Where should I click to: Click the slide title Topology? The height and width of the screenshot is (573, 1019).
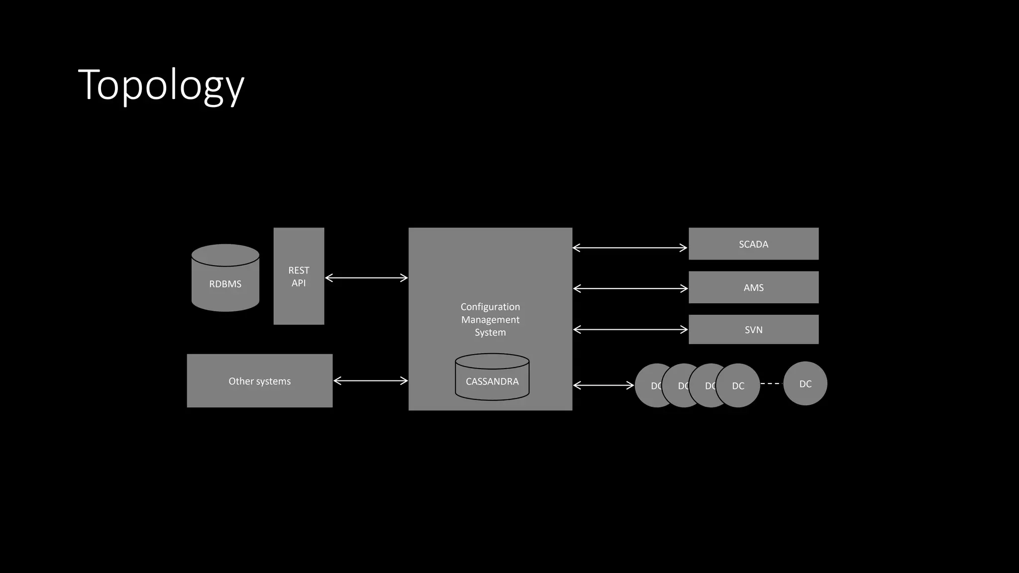point(161,86)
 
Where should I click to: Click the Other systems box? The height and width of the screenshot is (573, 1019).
point(259,381)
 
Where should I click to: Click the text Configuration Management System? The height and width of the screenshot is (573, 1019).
point(490,319)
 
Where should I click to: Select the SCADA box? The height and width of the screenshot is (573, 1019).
point(753,244)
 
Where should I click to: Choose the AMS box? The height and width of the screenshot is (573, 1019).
point(753,287)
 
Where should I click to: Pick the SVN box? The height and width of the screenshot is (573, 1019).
point(753,329)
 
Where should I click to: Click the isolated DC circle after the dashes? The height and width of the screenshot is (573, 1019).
point(805,383)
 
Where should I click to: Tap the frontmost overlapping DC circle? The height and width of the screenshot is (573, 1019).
point(738,385)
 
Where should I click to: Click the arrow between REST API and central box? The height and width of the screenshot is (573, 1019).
point(366,278)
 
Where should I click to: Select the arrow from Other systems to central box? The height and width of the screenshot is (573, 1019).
point(370,381)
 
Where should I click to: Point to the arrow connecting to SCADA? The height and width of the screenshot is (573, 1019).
point(630,248)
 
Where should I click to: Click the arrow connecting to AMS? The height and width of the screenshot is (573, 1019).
point(630,288)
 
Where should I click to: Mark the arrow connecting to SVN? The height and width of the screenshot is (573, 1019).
point(630,329)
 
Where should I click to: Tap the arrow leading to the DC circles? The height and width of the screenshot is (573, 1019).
point(604,385)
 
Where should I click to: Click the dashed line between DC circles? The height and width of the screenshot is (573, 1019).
point(771,383)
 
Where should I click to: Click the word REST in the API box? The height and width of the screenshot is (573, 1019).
point(299,270)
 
